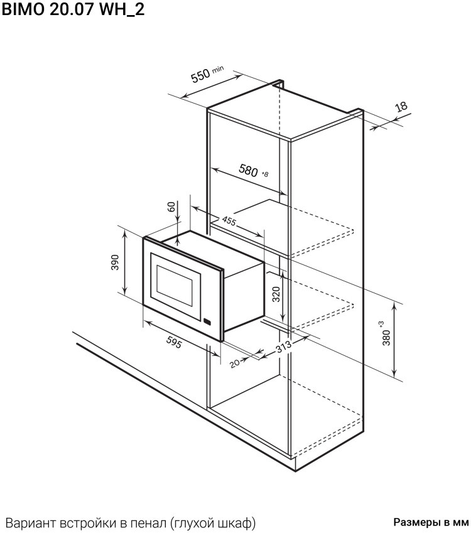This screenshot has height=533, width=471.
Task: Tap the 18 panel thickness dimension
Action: (401, 106)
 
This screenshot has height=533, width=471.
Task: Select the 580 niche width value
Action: (248, 170)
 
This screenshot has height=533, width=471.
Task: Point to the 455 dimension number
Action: (229, 221)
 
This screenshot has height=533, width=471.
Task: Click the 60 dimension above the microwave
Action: (171, 207)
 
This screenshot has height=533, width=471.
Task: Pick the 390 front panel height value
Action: (116, 262)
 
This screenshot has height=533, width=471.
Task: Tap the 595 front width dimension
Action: (174, 342)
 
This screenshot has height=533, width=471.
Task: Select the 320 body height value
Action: (276, 294)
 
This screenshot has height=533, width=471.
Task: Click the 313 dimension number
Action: (284, 347)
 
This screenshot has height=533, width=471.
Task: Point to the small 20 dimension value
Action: (235, 363)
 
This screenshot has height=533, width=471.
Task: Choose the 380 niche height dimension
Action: (386, 338)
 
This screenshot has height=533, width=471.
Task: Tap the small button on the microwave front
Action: (207, 321)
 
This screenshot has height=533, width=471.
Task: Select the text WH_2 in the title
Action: (121, 9)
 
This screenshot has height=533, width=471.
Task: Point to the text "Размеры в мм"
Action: (431, 522)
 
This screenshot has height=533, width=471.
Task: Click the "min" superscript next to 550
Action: (218, 69)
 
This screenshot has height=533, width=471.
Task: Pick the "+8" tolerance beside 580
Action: (265, 174)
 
